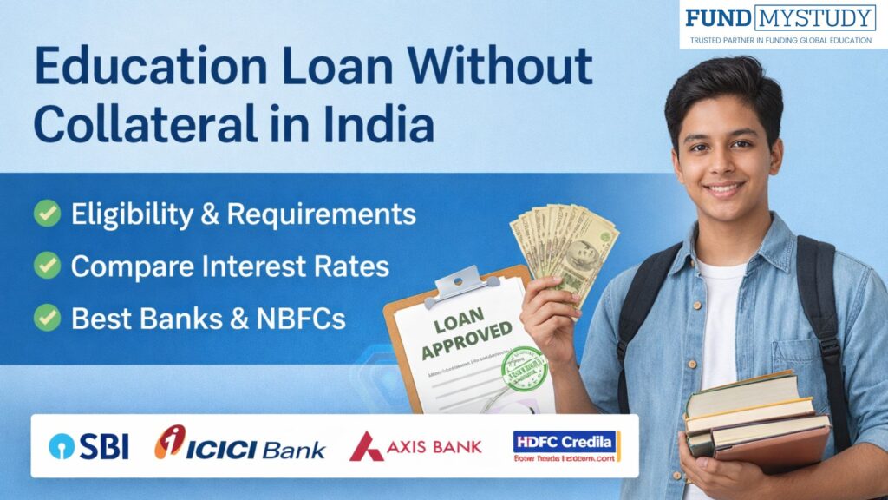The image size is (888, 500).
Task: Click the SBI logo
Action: [89, 445]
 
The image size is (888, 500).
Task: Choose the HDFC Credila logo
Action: [565, 446]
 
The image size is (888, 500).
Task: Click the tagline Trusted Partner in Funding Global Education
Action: [781, 40]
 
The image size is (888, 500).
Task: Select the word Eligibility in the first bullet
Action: [130, 214]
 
